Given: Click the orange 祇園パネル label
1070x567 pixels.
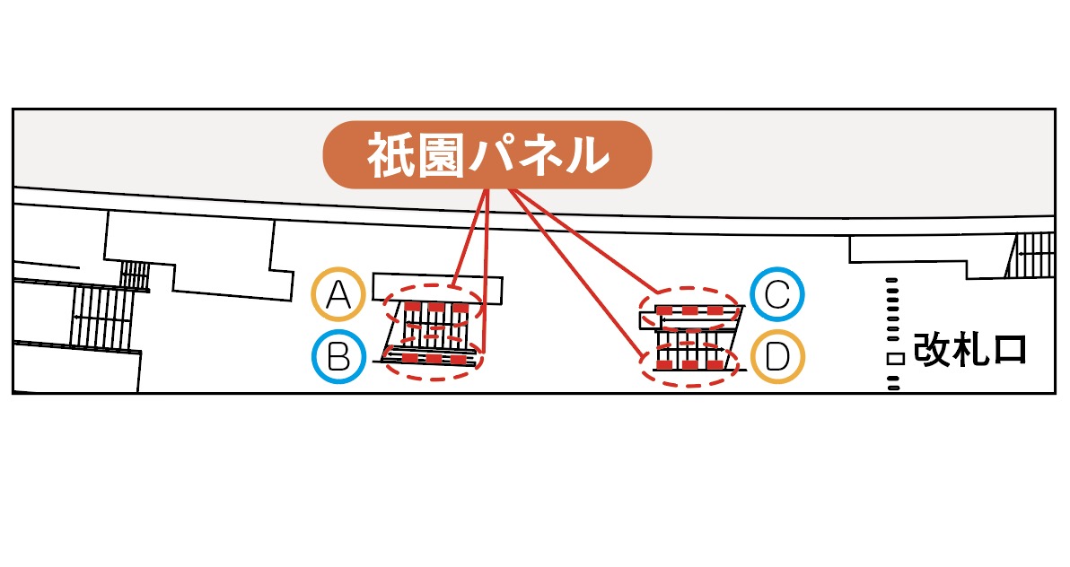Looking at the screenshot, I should pyautogui.click(x=487, y=155).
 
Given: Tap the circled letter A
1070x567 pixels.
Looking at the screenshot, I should pyautogui.click(x=338, y=294).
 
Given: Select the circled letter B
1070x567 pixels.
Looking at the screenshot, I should pyautogui.click(x=338, y=358).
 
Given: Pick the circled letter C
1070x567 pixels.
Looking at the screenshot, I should pyautogui.click(x=777, y=293).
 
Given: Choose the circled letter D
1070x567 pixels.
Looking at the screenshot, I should pyautogui.click(x=777, y=357).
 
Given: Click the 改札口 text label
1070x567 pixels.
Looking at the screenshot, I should pyautogui.click(x=969, y=349).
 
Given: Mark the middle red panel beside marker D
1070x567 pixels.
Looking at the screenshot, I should pyautogui.click(x=689, y=365).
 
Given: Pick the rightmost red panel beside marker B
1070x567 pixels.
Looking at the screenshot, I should pyautogui.click(x=460, y=359).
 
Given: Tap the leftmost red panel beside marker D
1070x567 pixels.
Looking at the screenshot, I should pyautogui.click(x=664, y=365).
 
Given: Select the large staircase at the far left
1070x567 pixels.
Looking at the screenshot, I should pyautogui.click(x=103, y=317).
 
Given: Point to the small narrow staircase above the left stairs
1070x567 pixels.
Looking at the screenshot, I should pyautogui.click(x=135, y=275).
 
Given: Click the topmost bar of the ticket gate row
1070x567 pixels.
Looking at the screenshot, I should pyautogui.click(x=892, y=282).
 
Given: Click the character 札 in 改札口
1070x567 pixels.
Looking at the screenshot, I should pyautogui.click(x=969, y=349).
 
